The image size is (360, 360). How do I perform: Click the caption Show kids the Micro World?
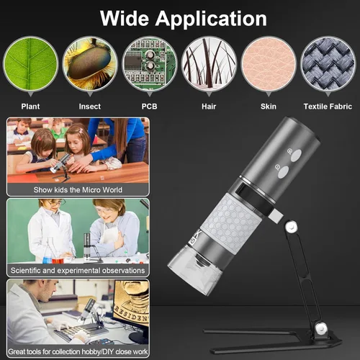point(77,190)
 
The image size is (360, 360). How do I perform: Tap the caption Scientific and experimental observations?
point(77,271)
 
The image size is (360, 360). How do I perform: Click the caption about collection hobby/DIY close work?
point(77,352)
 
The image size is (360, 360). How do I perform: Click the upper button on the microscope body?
point(290,153)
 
